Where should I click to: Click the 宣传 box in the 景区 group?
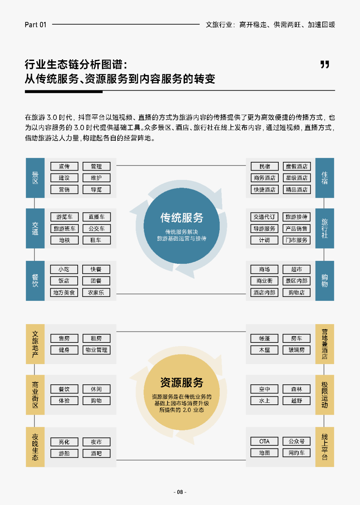64,167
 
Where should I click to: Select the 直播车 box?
96,217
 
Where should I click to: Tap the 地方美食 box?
64,292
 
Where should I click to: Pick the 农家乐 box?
96,292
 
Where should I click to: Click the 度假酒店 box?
296,167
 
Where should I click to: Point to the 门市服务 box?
296,240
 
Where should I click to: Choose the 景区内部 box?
296,281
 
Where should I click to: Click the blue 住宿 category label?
324,178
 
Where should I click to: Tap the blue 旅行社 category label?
324,229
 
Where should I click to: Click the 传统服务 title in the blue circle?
182,218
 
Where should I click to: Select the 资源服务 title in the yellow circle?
182,382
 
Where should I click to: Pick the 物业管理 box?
96,350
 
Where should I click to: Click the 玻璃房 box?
296,350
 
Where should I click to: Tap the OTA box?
264,441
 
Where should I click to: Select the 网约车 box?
296,453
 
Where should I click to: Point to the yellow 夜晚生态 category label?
35,447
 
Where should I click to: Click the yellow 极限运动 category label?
324,395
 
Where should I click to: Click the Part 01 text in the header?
35,25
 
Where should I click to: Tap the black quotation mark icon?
325,64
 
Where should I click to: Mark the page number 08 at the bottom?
180,492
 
